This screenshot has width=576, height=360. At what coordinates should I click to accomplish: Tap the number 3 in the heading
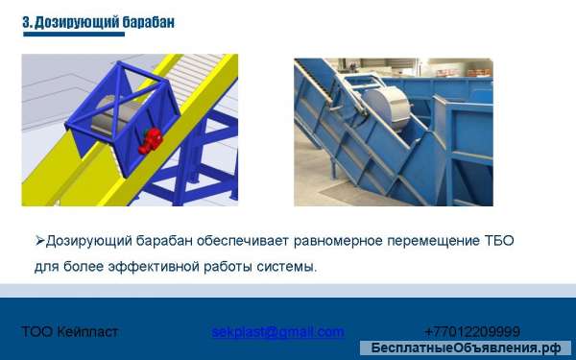tap(26, 21)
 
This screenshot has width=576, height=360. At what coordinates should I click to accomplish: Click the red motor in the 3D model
tap(150, 140)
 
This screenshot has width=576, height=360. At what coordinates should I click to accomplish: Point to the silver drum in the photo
tap(388, 106)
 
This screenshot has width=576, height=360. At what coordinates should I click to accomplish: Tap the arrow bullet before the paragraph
tap(39, 241)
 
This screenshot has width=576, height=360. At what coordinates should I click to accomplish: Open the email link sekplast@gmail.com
tap(277, 332)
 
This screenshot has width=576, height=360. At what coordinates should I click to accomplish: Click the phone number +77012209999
tap(471, 332)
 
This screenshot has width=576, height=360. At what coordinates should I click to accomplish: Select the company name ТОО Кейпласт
tap(69, 332)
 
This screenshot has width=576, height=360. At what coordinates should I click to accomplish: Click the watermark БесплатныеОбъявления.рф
tap(466, 348)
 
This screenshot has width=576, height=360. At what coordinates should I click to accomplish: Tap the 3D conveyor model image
tap(130, 130)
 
